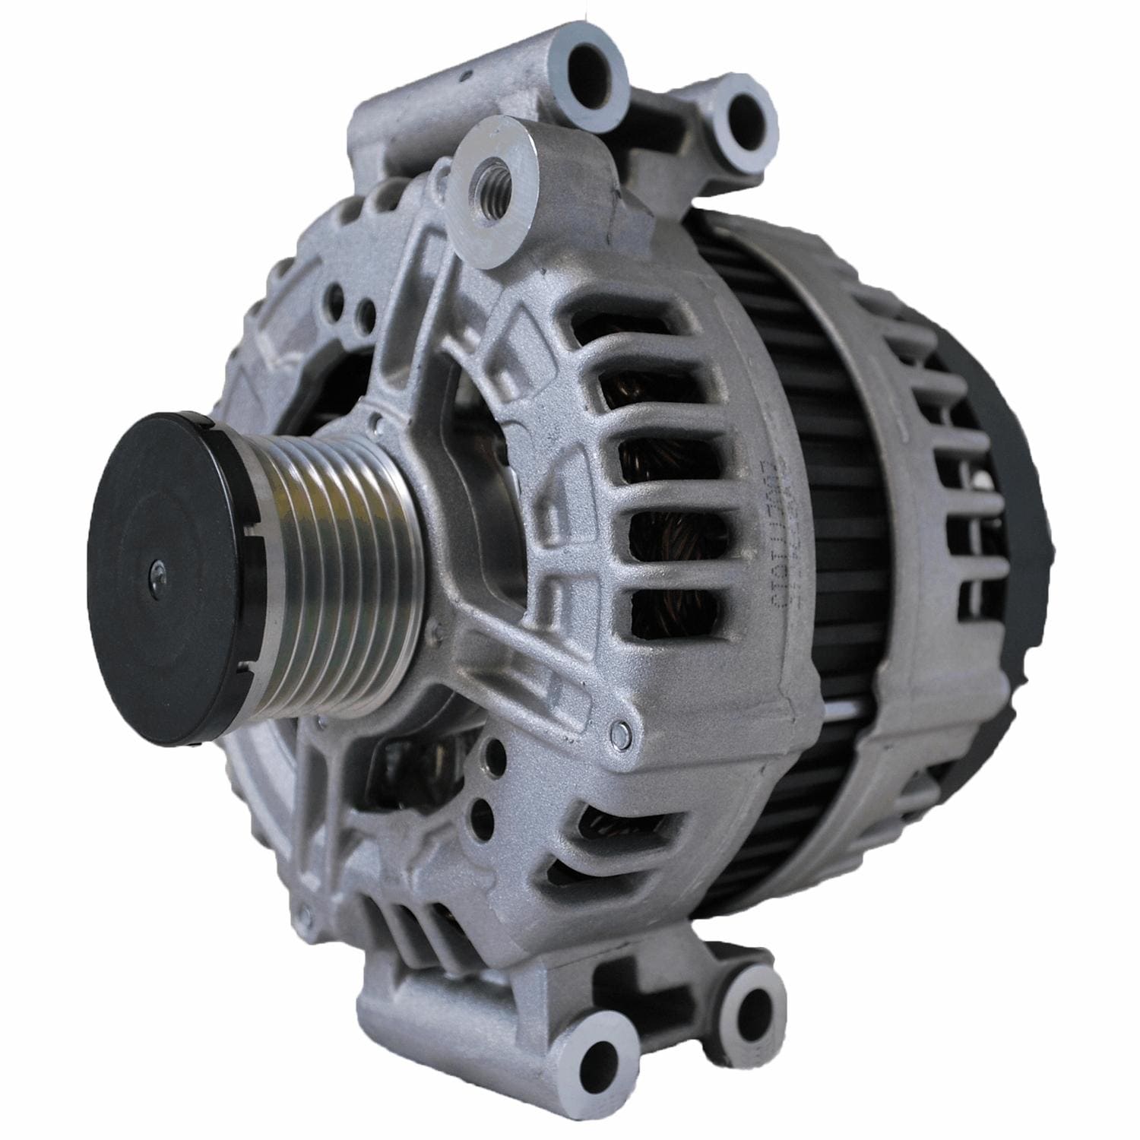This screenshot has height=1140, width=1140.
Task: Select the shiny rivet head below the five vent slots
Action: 619,732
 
